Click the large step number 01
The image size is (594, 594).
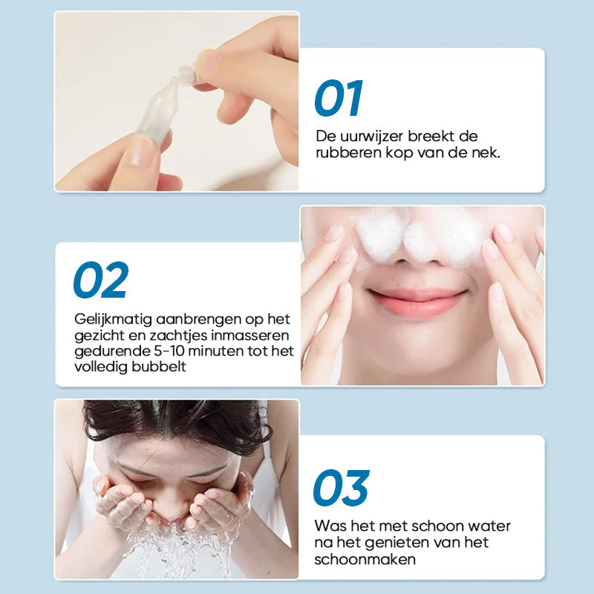[339, 98]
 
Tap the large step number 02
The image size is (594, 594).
[101, 280]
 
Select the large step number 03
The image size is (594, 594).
[342, 488]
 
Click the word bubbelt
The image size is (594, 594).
[159, 367]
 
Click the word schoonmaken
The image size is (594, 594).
[365, 559]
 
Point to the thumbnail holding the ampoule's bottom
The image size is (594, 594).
[141, 151]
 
